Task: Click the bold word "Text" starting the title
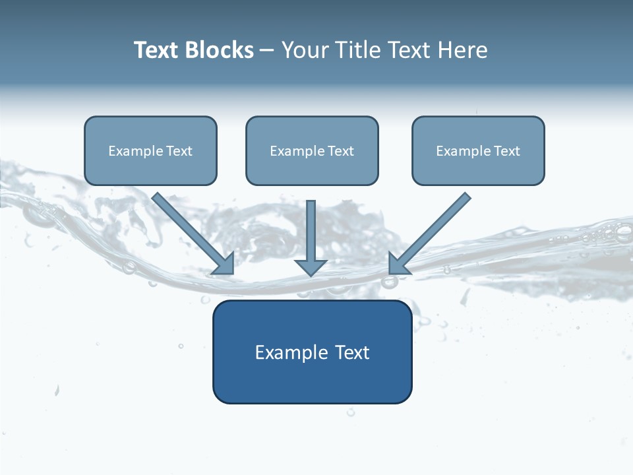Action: (157, 50)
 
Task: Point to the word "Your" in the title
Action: (304, 50)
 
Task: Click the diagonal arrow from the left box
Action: (191, 231)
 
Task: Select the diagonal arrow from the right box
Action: (432, 231)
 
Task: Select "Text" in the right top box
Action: (507, 151)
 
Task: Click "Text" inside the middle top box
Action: (341, 151)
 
